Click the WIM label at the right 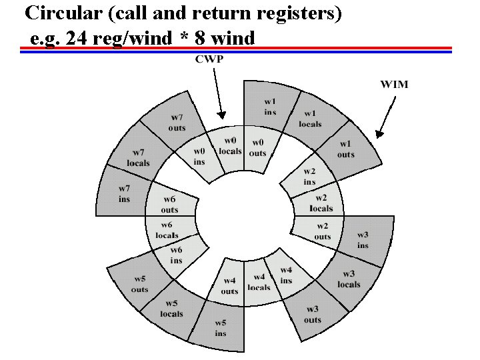pos(394,85)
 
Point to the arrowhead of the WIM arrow pos(378,135)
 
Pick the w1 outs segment pos(345,149)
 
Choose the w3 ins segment pos(362,240)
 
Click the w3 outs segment pos(312,313)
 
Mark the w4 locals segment pos(259,282)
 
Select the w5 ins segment pos(220,328)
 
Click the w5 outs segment pos(139,285)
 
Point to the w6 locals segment pos(167,230)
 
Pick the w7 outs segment pos(177,123)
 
